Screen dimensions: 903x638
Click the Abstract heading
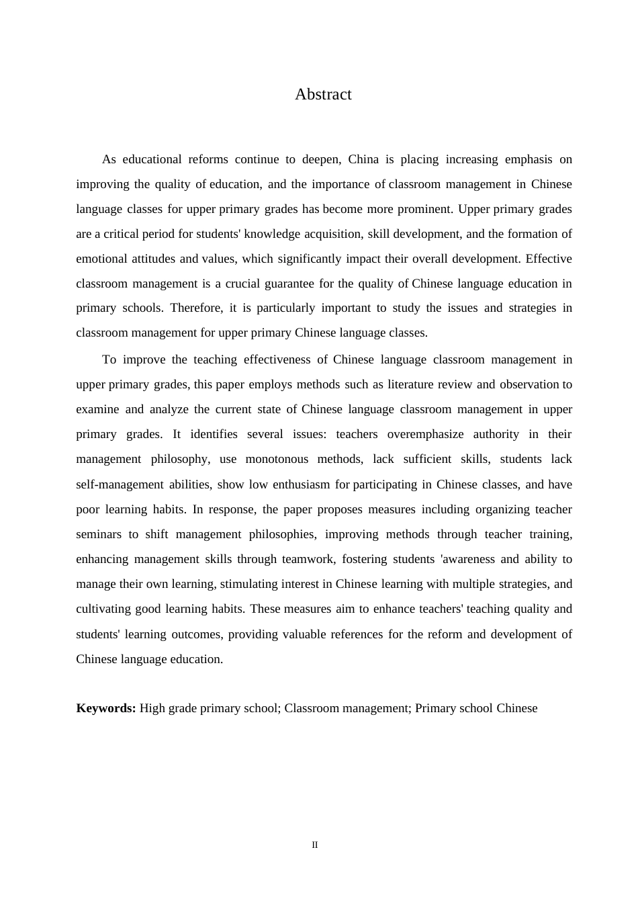[x=323, y=95]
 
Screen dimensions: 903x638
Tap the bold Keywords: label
[x=106, y=708]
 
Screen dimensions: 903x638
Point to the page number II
[x=314, y=845]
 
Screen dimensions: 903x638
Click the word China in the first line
[x=363, y=160]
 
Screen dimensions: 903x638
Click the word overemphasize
[x=420, y=434]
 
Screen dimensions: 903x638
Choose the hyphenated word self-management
[x=120, y=484]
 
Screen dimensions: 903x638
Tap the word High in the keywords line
[x=152, y=708]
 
